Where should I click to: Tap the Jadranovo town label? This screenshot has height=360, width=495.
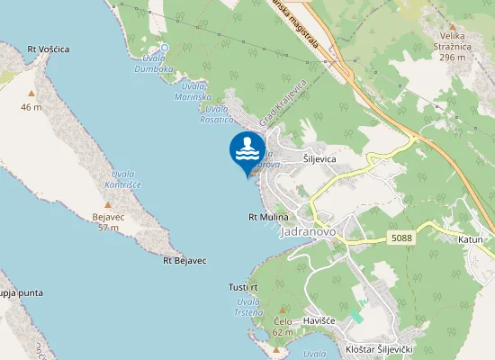308,231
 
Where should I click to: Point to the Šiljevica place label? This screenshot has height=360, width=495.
319,158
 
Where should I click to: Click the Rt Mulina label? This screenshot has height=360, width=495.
268,218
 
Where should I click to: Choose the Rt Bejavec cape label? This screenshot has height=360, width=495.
184,260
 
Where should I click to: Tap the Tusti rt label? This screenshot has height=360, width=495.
243,287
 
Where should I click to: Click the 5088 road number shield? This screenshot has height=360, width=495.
402,238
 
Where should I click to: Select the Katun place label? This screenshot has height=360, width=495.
471,240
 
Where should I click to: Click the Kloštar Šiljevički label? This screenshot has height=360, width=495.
379,348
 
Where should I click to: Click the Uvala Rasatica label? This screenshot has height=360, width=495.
217,114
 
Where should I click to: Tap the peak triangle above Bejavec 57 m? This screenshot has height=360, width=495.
108,205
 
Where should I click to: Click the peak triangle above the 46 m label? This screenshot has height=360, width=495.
31,93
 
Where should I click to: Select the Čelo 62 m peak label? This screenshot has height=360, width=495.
283,326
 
